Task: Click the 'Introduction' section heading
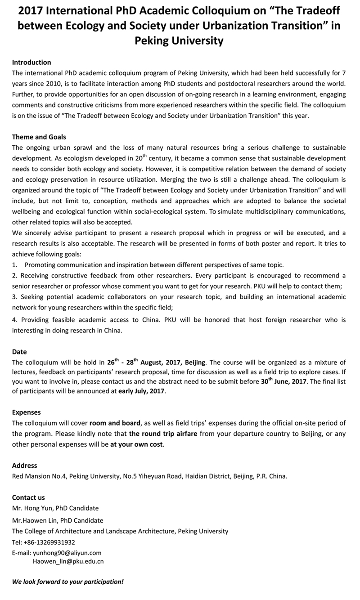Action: tap(31, 62)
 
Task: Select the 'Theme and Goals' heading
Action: tap(39, 137)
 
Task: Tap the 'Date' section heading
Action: tap(19, 351)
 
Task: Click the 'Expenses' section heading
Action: tap(26, 412)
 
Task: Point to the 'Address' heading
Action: tap(24, 466)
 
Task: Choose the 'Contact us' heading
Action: tap(28, 497)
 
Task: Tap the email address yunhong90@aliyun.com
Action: tap(67, 553)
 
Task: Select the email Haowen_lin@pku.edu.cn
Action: tap(68, 561)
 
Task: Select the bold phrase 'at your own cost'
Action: tap(137, 444)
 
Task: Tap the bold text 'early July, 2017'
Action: tap(142, 391)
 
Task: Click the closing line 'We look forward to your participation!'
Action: tap(67, 582)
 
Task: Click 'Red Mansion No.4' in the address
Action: tap(40, 476)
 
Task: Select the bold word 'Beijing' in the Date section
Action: tap(195, 363)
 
